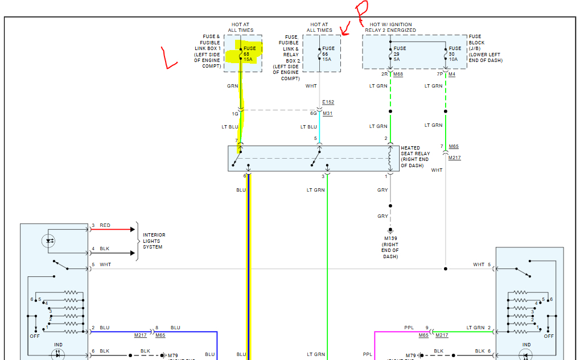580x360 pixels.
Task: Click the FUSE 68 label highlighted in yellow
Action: point(250,53)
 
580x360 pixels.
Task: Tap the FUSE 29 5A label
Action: point(400,53)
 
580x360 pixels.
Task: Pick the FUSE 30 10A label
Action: point(455,53)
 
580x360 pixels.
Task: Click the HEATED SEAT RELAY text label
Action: point(416,154)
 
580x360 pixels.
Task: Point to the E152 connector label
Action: point(328,102)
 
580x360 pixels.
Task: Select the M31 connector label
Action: point(328,113)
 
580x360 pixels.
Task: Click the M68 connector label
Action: point(398,74)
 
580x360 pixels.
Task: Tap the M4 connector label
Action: point(452,74)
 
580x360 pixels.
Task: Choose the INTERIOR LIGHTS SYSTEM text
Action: point(154,241)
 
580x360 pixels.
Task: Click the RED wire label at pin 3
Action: point(105,225)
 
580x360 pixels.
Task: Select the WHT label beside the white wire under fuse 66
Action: point(311,86)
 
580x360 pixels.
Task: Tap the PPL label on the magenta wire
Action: point(409,328)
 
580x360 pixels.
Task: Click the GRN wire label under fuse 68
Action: point(232,86)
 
